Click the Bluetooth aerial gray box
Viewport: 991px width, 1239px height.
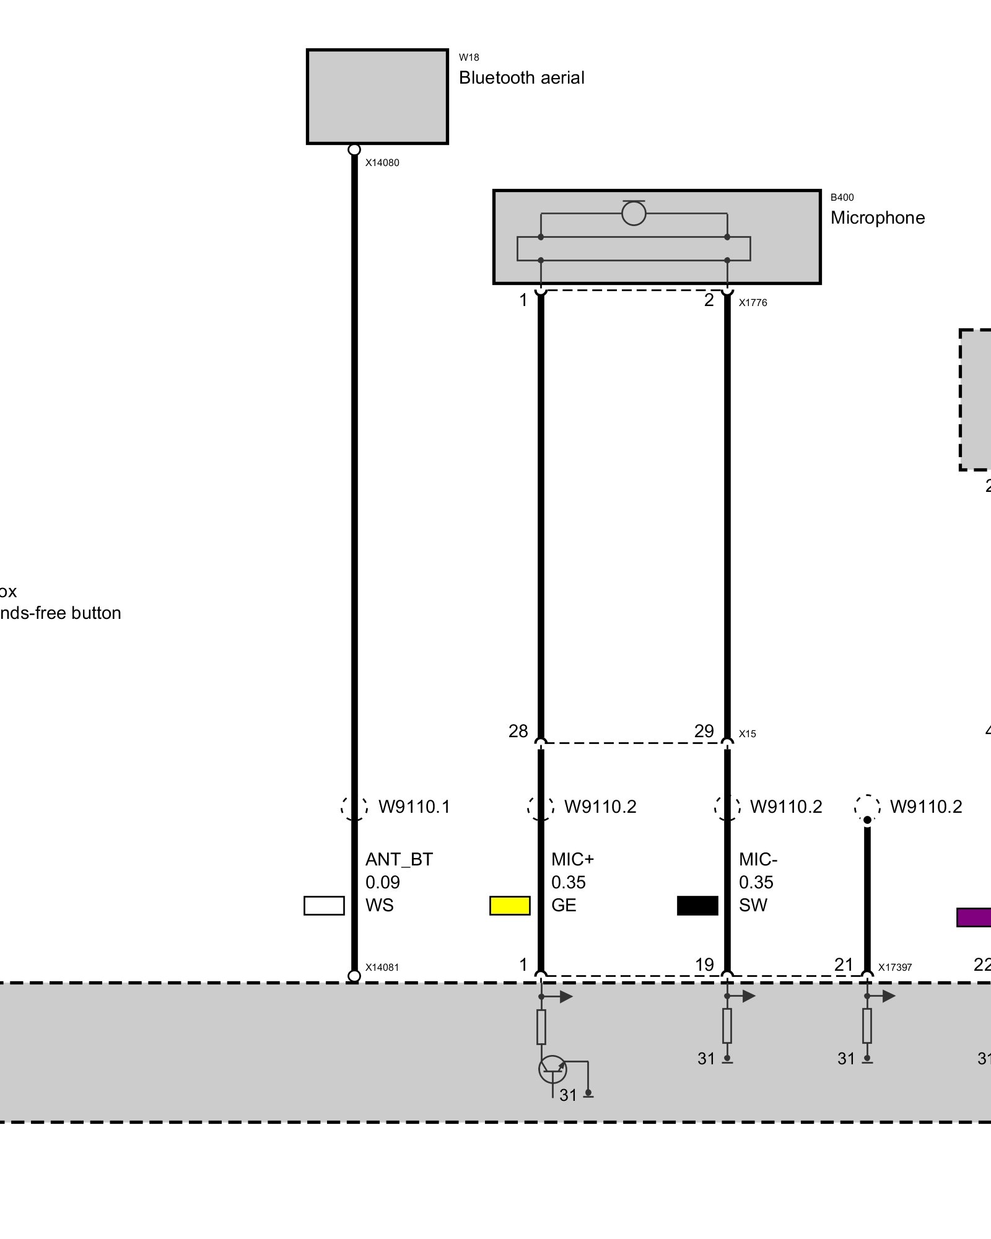377,97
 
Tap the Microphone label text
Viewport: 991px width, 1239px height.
877,218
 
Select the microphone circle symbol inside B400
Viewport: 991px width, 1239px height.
634,214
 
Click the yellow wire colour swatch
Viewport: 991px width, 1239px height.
510,906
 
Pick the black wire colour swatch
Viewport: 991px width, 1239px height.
697,906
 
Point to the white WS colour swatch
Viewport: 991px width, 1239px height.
324,906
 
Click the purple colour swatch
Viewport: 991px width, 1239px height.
974,917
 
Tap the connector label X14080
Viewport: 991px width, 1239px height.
382,163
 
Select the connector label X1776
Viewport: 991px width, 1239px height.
753,303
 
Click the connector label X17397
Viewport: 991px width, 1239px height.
894,968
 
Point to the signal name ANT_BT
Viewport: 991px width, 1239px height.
399,859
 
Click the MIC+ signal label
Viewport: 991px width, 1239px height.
572,859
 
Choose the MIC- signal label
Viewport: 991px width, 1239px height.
757,859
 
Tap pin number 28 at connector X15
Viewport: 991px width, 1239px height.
518,732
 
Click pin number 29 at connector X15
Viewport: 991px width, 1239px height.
704,732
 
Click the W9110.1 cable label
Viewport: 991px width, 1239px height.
414,807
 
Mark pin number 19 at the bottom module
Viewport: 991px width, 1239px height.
704,965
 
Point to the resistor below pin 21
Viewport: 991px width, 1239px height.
867,1026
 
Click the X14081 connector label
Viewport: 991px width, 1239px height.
382,968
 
